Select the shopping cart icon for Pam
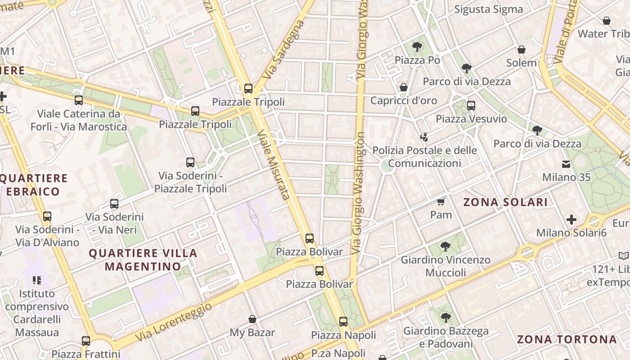pos(441,201)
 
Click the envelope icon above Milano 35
pos(566,164)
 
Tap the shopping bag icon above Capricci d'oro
pos(403,87)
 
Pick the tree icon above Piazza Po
pos(417,46)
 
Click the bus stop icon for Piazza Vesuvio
pos(471,106)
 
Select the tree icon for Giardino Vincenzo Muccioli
pos(445,247)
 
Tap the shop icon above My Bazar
pos(252,319)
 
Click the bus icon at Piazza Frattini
pos(85,341)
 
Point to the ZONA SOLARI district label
pos(505,202)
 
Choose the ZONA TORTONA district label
pos(566,339)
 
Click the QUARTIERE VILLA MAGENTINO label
pos(143,260)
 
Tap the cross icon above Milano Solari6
pos(571,220)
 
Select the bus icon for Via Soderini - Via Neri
pos(114,204)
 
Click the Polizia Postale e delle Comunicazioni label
pos(424,157)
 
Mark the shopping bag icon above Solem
pos(521,49)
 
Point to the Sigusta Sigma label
pos(488,9)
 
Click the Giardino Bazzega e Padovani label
pos(445,337)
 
